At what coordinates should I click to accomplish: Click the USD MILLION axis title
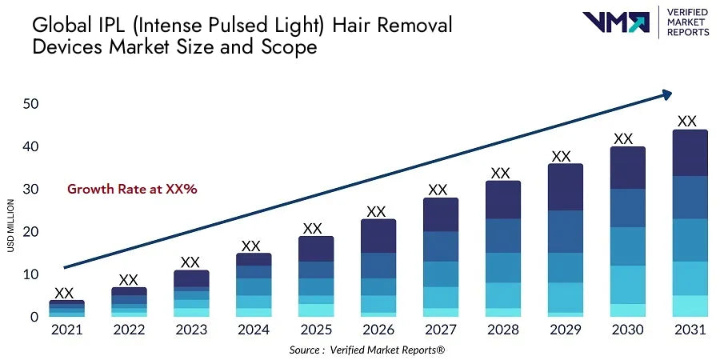(x=11, y=226)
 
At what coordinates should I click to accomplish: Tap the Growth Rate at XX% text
(x=132, y=190)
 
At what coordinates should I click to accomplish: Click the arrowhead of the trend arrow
(x=666, y=95)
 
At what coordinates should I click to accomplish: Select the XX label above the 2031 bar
(x=687, y=122)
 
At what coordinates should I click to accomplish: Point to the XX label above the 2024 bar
(x=251, y=246)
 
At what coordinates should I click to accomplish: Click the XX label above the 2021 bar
(x=64, y=293)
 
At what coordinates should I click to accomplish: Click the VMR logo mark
(x=616, y=22)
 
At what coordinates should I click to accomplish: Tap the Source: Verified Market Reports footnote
(x=367, y=350)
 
